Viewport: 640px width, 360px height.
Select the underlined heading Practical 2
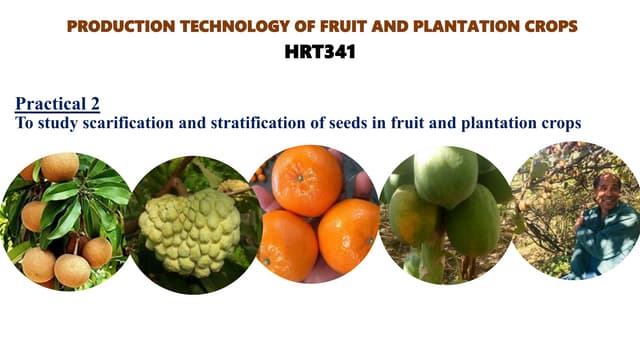tap(57, 103)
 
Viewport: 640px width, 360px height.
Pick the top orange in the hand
tap(307, 180)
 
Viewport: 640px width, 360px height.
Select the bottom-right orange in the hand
tap(348, 234)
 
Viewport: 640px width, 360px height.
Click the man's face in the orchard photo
tap(607, 187)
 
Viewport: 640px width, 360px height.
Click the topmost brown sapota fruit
tap(58, 166)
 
